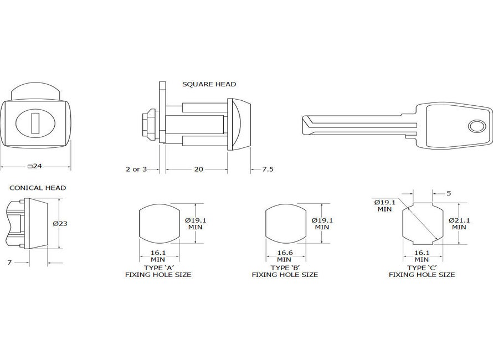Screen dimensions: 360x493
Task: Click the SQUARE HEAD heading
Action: [209, 84]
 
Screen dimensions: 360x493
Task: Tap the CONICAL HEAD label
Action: [38, 188]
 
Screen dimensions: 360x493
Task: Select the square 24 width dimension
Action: [35, 166]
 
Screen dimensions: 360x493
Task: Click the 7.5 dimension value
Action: [268, 169]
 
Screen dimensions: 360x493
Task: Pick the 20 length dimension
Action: [197, 169]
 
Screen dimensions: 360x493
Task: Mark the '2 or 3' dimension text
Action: [136, 169]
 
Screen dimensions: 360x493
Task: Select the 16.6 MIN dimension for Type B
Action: [284, 256]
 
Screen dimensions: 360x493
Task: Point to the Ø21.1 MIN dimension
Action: [461, 223]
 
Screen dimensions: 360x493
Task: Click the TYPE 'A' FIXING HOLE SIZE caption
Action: [158, 271]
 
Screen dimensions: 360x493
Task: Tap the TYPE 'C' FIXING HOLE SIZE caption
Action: [422, 271]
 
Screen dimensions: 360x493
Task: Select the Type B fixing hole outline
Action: [285, 224]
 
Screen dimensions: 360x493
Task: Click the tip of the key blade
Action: [305, 124]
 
